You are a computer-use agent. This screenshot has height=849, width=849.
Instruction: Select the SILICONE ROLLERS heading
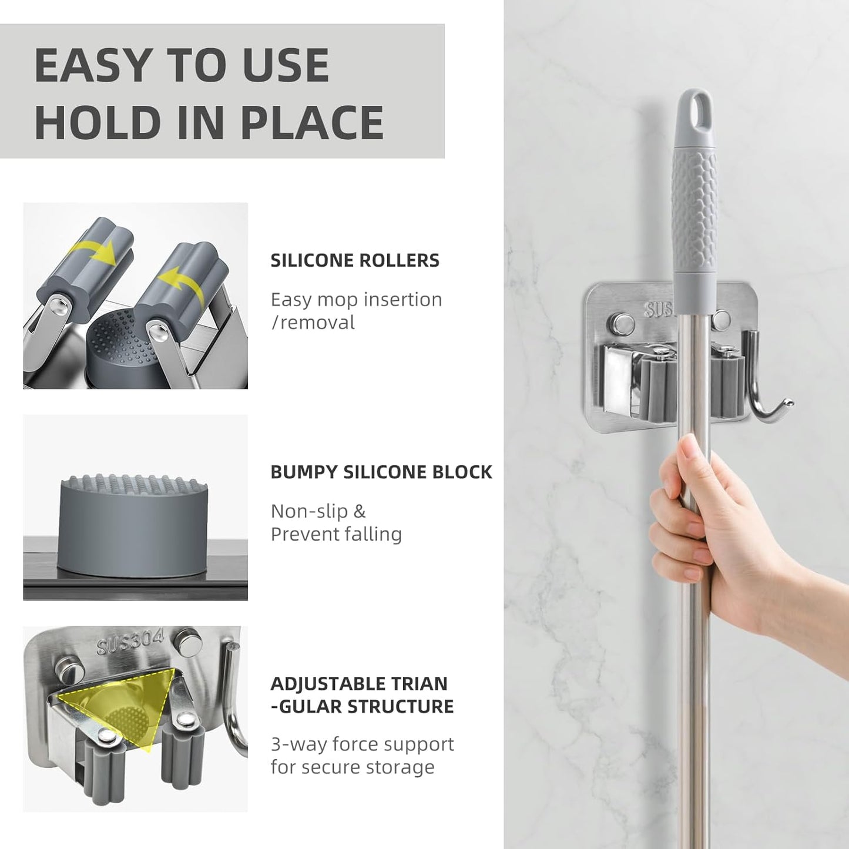354,260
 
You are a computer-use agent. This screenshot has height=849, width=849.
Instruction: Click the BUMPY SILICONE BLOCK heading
381,472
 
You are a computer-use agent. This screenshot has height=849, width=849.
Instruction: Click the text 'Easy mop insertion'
356,299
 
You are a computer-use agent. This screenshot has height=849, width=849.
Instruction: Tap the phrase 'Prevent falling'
335,534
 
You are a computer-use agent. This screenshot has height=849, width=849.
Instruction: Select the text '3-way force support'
362,744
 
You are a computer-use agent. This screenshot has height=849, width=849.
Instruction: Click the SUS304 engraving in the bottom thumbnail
130,643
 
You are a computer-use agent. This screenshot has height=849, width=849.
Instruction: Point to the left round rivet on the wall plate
620,322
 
